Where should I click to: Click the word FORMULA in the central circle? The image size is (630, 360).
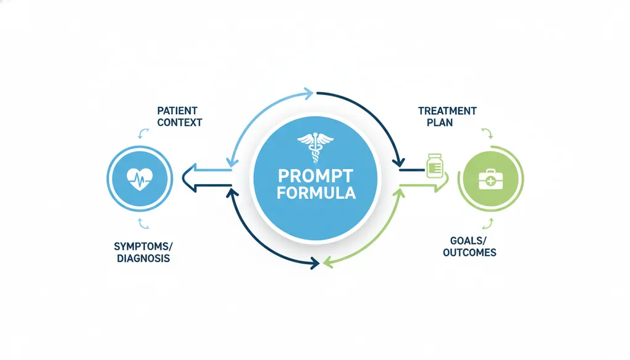click(x=316, y=193)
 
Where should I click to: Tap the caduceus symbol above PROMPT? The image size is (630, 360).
click(x=315, y=147)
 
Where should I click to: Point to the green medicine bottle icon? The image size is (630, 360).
click(x=434, y=165)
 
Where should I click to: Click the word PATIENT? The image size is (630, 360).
click(x=178, y=111)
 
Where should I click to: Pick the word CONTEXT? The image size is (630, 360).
click(x=179, y=122)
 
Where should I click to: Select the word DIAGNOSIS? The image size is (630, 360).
click(x=143, y=257)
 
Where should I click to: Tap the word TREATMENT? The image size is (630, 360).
click(x=447, y=111)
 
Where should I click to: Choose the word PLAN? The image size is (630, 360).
click(x=439, y=122)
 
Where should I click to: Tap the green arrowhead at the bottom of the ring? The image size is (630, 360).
click(x=329, y=262)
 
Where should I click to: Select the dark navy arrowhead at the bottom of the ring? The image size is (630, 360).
click(x=314, y=263)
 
